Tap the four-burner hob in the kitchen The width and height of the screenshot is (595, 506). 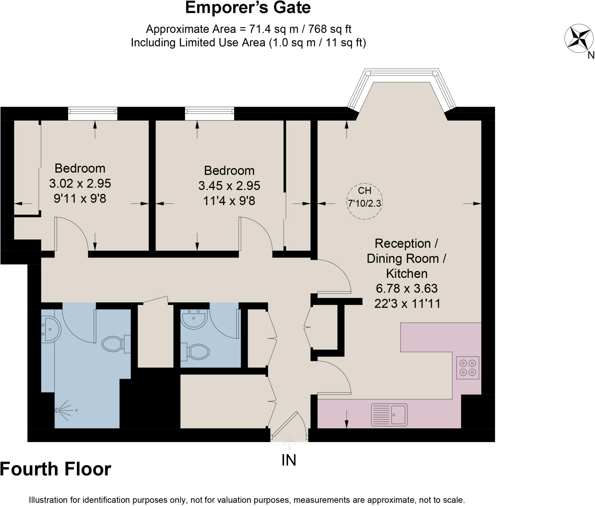pyautogui.click(x=467, y=368)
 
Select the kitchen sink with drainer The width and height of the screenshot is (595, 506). pyautogui.click(x=389, y=415)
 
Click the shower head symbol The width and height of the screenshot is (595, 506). pyautogui.click(x=62, y=410)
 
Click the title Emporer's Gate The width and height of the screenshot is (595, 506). pyautogui.click(x=248, y=8)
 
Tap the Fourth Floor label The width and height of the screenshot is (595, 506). pyautogui.click(x=55, y=469)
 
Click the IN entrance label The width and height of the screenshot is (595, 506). pyautogui.click(x=289, y=460)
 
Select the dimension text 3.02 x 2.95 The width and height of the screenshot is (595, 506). pyautogui.click(x=80, y=183)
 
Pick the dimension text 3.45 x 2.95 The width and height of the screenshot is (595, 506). pyautogui.click(x=229, y=186)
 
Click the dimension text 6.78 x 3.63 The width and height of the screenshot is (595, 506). pyautogui.click(x=406, y=288)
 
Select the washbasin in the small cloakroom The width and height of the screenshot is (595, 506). pyautogui.click(x=194, y=319)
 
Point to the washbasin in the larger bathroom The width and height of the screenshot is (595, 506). pyautogui.click(x=50, y=330)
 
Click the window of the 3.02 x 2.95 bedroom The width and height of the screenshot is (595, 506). pyautogui.click(x=93, y=113)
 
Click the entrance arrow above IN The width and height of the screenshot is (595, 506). pyautogui.click(x=289, y=443)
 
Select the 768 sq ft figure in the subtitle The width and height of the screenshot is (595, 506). pyautogui.click(x=329, y=29)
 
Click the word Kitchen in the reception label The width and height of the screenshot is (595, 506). pyautogui.click(x=406, y=274)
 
